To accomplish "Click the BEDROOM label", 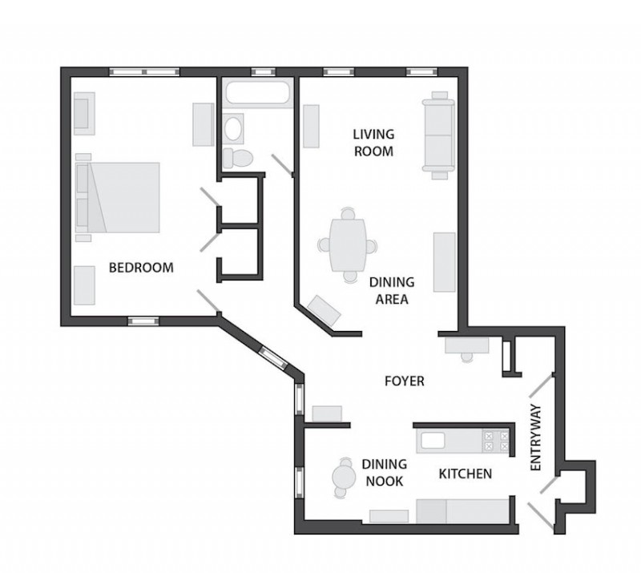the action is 141,268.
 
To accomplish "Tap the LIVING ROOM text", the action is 373,143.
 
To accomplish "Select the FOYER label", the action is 405,381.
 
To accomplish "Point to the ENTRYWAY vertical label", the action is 535,438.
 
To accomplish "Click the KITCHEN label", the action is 466,474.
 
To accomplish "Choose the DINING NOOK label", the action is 385,472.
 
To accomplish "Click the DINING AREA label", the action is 392,291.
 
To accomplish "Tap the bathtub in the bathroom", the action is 258,93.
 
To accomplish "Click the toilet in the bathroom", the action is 238,159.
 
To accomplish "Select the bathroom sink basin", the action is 233,129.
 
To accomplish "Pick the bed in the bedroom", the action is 118,197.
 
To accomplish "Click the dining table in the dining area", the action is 348,245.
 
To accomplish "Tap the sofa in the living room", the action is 438,135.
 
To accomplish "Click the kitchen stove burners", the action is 496,441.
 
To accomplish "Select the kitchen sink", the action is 433,442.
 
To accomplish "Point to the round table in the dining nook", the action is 344,477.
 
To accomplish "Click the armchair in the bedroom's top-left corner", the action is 85,113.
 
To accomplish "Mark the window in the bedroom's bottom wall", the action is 143,321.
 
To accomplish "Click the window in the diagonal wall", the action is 273,357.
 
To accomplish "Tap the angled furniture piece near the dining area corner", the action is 325,311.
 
